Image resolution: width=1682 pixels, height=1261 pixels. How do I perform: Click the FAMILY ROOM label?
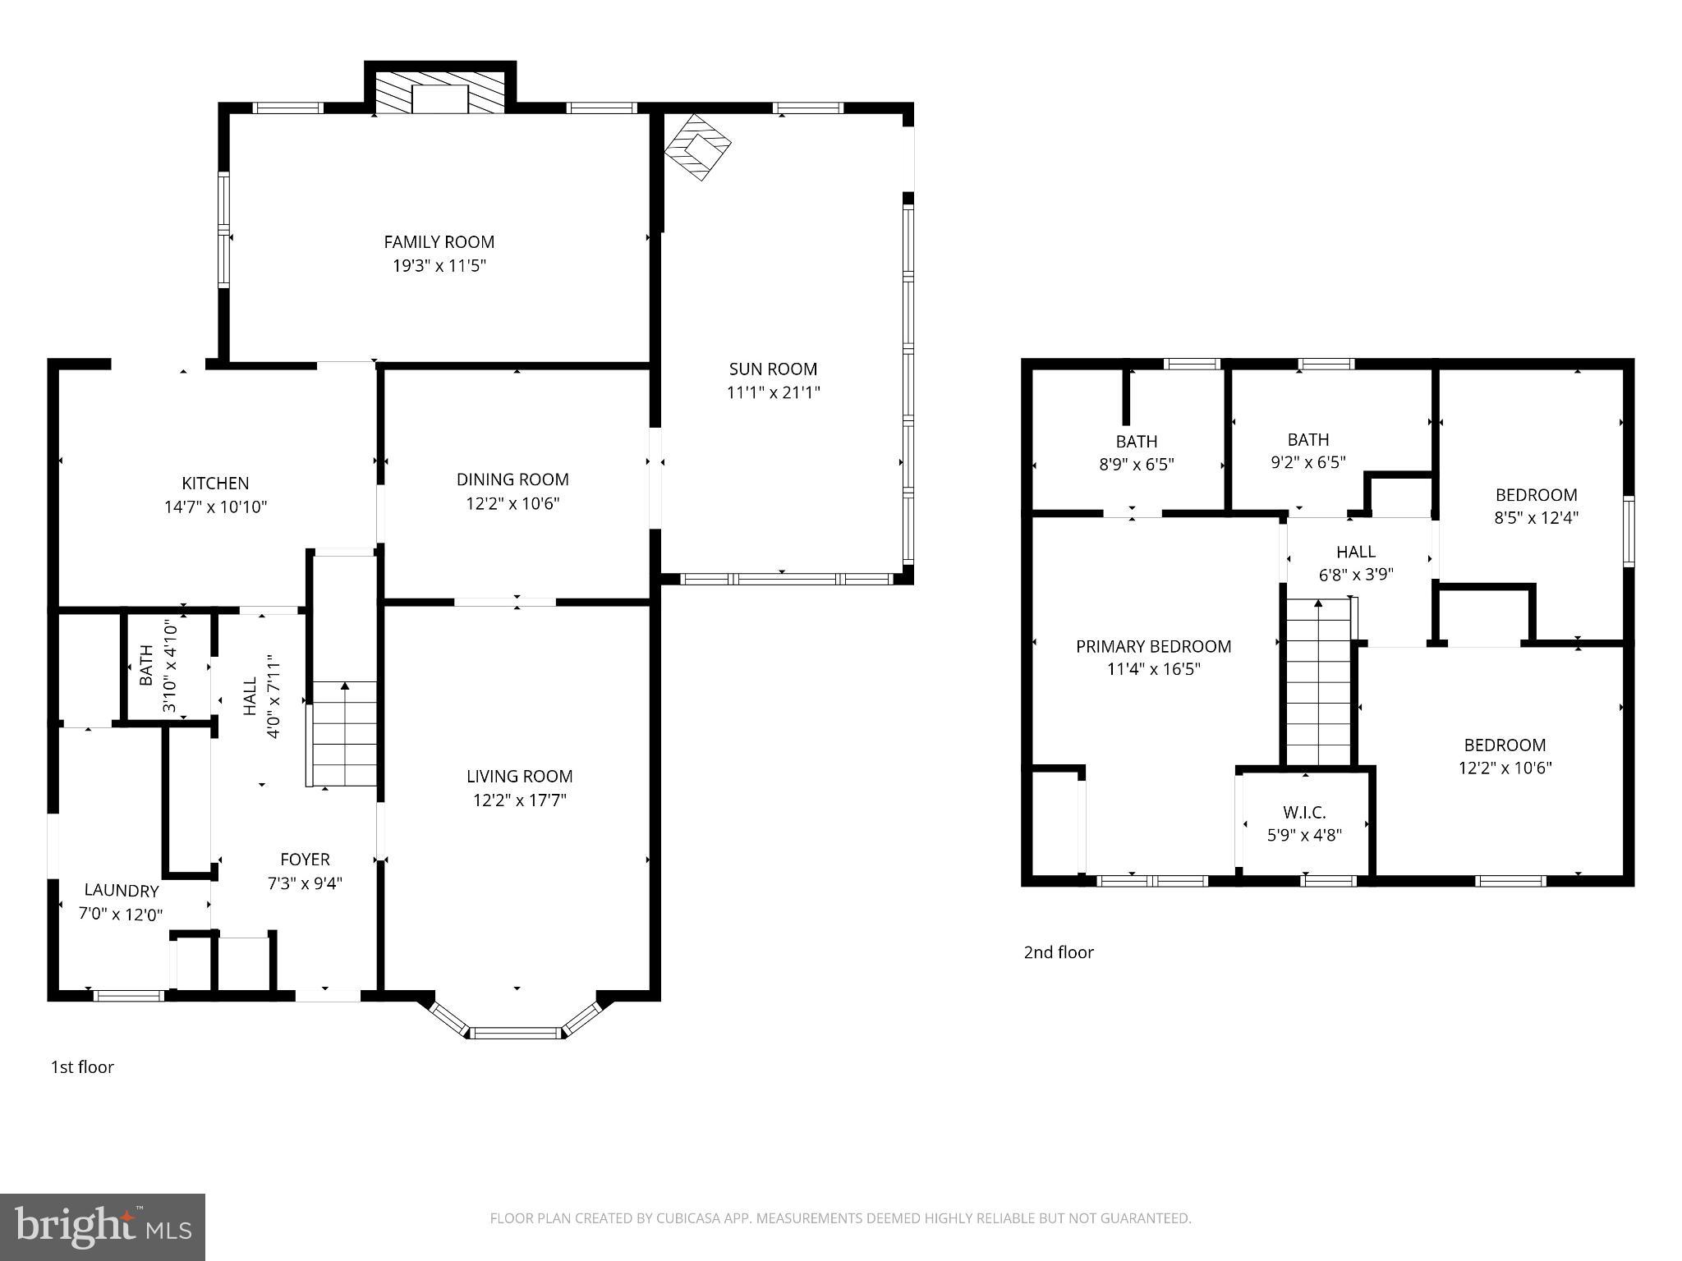[x=439, y=242]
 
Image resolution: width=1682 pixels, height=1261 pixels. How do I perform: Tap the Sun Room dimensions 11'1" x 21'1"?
[x=773, y=392]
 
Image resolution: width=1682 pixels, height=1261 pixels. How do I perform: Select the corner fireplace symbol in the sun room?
[x=697, y=148]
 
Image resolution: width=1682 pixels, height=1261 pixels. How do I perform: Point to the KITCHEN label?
[x=215, y=483]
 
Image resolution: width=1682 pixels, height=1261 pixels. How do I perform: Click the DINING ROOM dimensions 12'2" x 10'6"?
[x=512, y=503]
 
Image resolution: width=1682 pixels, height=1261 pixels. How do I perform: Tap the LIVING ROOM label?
[x=519, y=776]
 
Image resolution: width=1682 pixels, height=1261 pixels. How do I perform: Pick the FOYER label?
[x=305, y=860]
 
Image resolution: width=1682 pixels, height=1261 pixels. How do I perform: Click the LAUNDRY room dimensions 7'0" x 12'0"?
[x=121, y=914]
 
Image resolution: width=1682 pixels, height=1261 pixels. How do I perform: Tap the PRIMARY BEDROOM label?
[x=1153, y=646]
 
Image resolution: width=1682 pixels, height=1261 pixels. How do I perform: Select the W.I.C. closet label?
[x=1304, y=813]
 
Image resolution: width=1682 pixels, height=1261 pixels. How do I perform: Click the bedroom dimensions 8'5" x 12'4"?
[x=1536, y=518]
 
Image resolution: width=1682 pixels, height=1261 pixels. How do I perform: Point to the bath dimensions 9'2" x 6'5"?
[x=1307, y=462]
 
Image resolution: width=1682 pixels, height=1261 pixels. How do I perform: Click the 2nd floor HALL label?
[x=1355, y=552]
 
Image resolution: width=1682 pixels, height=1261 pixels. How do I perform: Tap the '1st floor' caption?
[x=82, y=1067]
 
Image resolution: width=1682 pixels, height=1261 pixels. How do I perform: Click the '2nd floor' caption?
[x=1058, y=952]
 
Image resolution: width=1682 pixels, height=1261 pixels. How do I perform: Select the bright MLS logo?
[x=103, y=1227]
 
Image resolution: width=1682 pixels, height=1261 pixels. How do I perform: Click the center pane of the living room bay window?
[x=517, y=1032]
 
